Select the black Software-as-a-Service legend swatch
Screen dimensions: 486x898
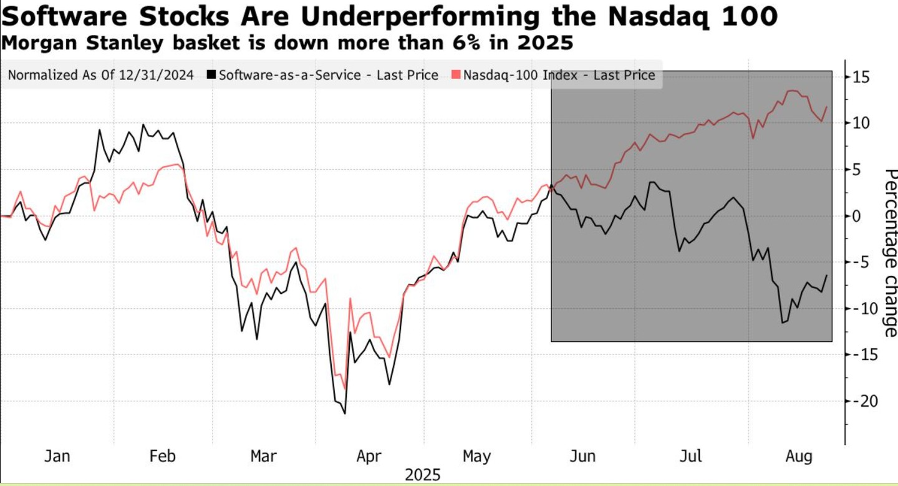click(x=212, y=75)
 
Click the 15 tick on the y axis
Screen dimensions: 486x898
click(x=864, y=77)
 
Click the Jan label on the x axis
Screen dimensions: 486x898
click(x=57, y=456)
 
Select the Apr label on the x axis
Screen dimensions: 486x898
click(x=369, y=456)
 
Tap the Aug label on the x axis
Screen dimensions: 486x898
click(x=799, y=456)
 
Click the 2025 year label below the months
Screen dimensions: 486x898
click(x=422, y=475)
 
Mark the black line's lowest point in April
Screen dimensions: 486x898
click(x=345, y=414)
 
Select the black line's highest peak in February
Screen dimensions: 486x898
click(x=143, y=125)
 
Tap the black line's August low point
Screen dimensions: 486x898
click(x=782, y=323)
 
